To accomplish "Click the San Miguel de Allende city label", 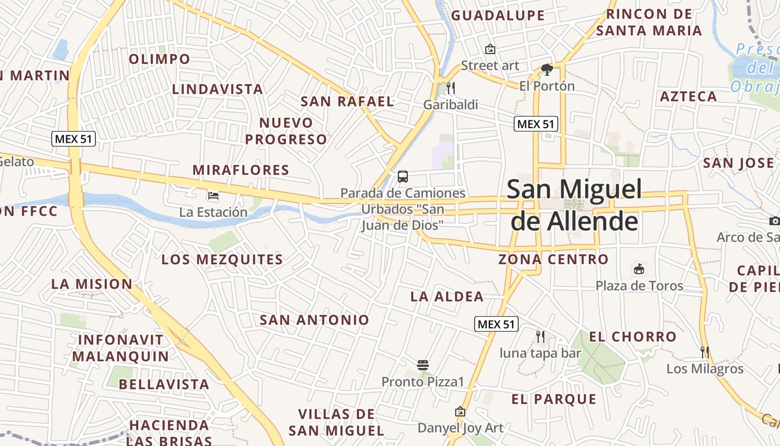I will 574,205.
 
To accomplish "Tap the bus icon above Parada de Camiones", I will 403,177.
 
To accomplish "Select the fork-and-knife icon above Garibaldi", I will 451,88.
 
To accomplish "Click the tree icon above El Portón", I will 547,70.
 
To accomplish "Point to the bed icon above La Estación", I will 213,196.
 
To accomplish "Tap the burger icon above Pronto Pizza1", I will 423,365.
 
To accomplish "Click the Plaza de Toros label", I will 639,286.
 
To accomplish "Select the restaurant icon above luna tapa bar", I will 540,336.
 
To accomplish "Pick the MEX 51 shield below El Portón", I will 536,124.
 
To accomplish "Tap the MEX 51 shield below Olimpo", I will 74,139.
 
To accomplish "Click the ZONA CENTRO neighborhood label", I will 553,259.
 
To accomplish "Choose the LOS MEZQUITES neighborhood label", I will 222,260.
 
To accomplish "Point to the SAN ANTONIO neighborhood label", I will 314,320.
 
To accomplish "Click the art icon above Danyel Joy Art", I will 460,412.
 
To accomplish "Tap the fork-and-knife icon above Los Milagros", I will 705,352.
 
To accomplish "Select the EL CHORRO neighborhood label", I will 632,337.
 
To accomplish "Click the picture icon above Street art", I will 490,49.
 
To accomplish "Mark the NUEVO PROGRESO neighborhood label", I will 286,131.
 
